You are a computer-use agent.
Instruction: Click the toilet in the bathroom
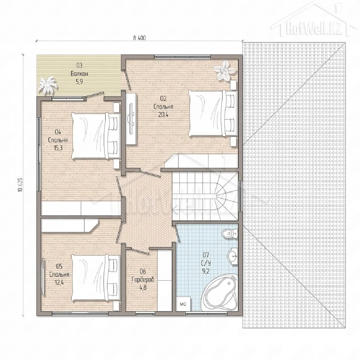[229, 234]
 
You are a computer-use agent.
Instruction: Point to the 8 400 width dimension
[139, 38]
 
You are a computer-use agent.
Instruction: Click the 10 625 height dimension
[20, 184]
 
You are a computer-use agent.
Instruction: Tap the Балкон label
[79, 74]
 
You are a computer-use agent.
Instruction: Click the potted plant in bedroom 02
[226, 70]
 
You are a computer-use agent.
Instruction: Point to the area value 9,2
[206, 271]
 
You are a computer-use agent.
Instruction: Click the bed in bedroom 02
[213, 114]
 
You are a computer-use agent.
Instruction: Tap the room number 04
[58, 132]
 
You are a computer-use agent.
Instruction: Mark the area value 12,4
[59, 283]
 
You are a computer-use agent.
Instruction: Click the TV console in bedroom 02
[131, 119]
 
